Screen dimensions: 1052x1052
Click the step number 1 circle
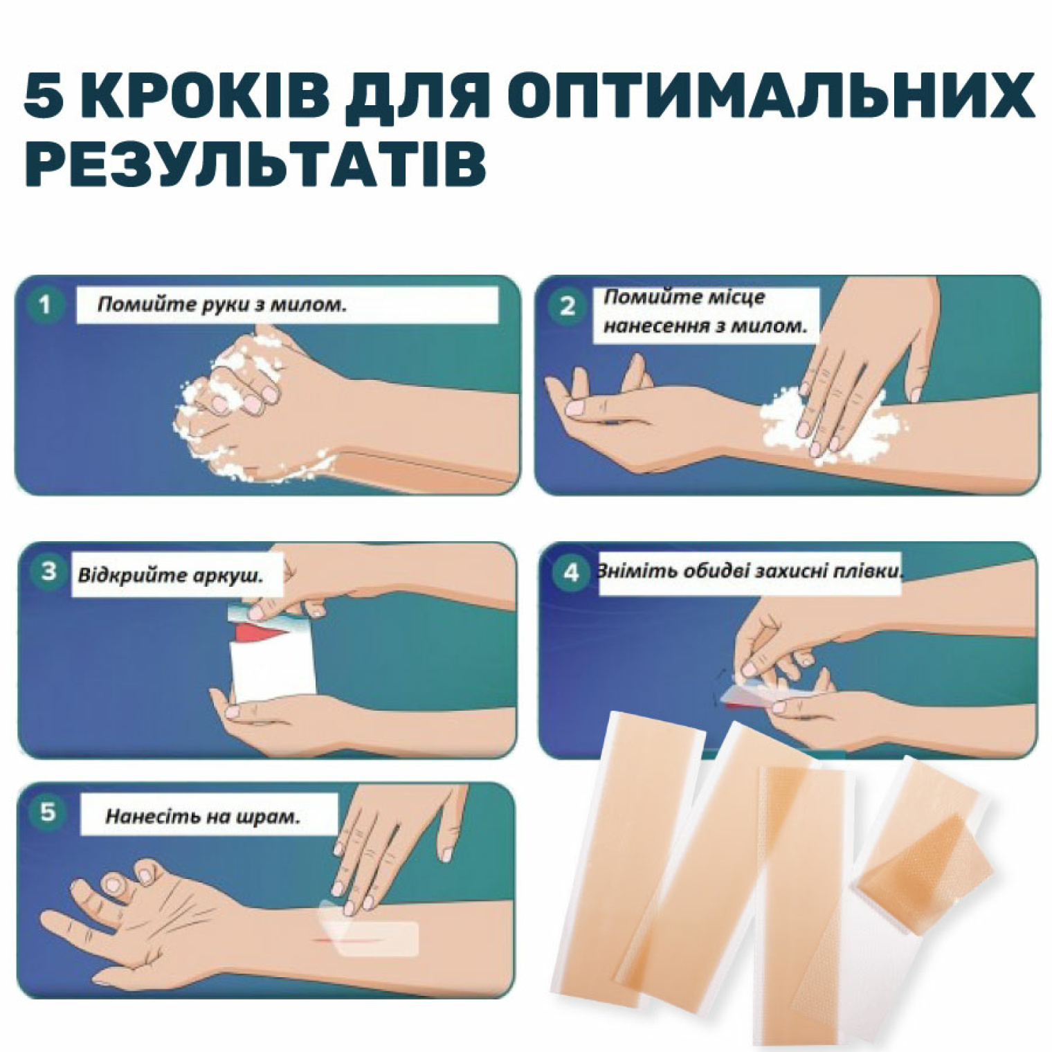coord(46,305)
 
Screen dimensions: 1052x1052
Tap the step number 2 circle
coord(568,305)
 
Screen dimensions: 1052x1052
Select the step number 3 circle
coord(48,572)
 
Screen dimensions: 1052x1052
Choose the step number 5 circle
coord(47,811)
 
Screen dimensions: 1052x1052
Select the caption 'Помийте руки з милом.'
coord(221,305)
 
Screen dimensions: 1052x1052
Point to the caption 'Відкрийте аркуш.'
coord(171,576)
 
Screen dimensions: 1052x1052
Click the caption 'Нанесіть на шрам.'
coord(203,817)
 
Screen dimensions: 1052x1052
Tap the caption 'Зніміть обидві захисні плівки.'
coord(751,572)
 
